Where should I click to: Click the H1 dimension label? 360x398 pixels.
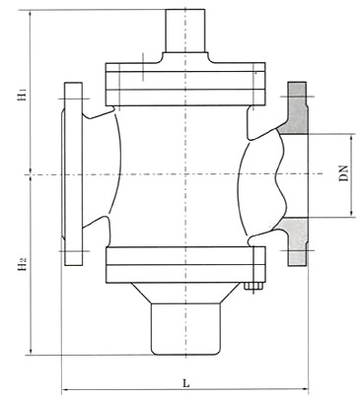click(x=22, y=94)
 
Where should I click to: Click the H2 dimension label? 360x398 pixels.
click(x=22, y=264)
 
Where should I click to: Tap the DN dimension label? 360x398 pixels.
click(x=344, y=173)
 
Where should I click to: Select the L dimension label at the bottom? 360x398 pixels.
click(x=186, y=383)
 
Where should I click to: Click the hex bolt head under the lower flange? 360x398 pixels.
click(x=254, y=286)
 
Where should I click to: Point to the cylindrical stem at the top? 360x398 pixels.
click(x=185, y=31)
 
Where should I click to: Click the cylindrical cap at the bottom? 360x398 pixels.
click(x=185, y=329)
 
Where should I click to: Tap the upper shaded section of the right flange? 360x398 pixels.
click(x=297, y=108)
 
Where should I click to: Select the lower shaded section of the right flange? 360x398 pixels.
click(x=296, y=241)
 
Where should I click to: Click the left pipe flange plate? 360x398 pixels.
click(x=73, y=173)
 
